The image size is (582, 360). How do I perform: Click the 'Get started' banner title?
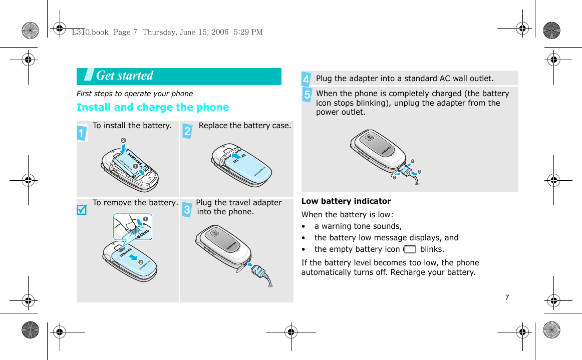[x=125, y=76]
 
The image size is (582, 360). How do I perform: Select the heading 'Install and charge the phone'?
[x=152, y=107]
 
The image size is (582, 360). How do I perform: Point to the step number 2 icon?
[x=187, y=132]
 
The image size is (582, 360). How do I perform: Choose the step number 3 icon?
[x=186, y=209]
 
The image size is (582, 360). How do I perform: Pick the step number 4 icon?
[x=306, y=79]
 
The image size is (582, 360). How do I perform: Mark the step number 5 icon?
[x=307, y=95]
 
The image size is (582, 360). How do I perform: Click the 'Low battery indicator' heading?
[x=346, y=201]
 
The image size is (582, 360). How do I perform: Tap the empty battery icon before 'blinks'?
[x=409, y=249]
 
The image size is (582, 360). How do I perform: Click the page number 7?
[x=507, y=297]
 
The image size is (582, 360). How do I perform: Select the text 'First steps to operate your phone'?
[x=134, y=94]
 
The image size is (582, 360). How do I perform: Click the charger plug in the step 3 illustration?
[x=260, y=271]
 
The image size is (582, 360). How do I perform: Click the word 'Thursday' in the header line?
[x=158, y=32]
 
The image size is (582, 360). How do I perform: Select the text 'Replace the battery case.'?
[x=244, y=125]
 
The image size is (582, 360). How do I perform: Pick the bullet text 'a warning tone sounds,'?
[x=358, y=226]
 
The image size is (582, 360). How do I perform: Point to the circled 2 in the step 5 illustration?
[x=419, y=172]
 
